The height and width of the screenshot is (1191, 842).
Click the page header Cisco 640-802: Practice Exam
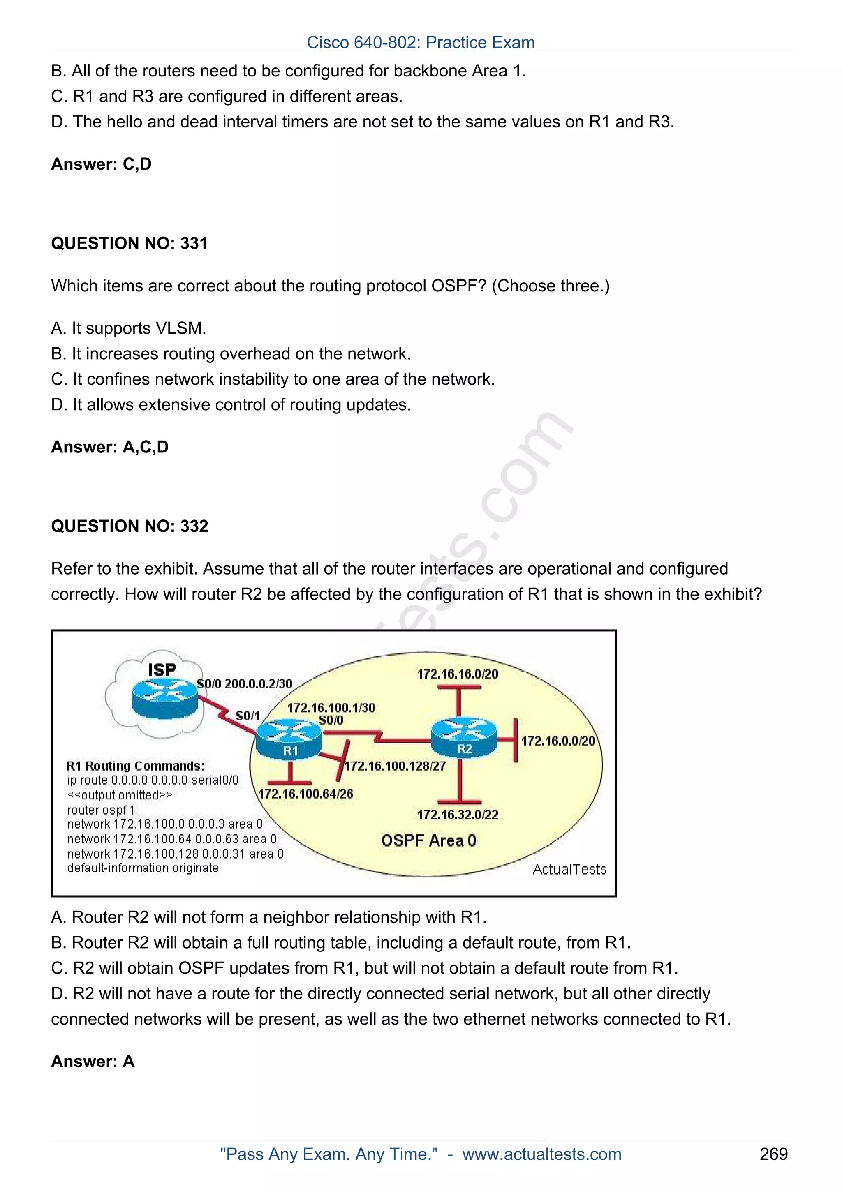[420, 42]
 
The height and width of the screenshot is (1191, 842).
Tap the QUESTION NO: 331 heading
[129, 243]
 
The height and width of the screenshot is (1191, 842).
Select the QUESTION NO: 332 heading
[129, 526]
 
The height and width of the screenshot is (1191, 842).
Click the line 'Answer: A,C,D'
[109, 447]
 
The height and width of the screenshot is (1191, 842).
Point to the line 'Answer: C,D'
[101, 164]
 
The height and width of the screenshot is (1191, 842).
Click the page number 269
[773, 1154]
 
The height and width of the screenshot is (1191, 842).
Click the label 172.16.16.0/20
[458, 674]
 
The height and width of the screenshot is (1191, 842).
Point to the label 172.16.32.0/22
[458, 815]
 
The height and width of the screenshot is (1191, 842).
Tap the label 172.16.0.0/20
[558, 741]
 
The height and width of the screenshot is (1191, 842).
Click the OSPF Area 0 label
[428, 840]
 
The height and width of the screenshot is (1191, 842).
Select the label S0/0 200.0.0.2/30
[244, 684]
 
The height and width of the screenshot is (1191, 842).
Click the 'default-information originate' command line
[143, 868]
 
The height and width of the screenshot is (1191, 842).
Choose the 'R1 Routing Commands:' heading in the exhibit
[135, 766]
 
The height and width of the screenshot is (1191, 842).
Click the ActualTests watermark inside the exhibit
[569, 869]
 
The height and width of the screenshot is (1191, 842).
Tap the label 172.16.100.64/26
[305, 794]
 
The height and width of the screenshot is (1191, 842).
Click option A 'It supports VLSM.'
[129, 328]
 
